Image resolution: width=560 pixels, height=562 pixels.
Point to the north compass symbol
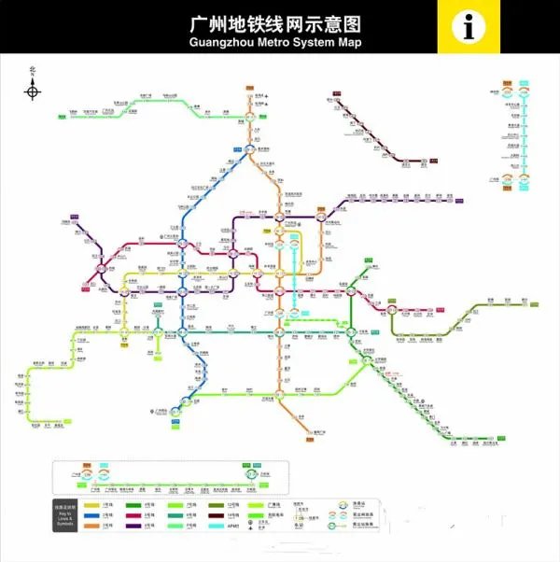point(33,90)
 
